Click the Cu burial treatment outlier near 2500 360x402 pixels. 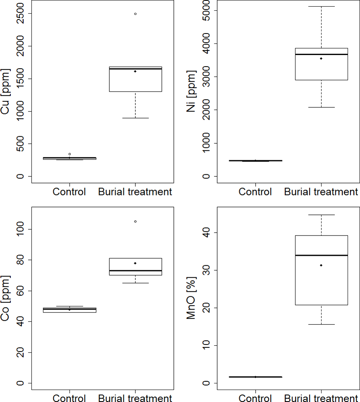pyautogui.click(x=135, y=14)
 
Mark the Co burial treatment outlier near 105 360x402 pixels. pyautogui.click(x=135, y=221)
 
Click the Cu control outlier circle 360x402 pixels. pyautogui.click(x=70, y=154)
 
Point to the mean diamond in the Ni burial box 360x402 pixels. pyautogui.click(x=321, y=58)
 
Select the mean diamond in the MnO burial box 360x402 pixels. pyautogui.click(x=321, y=265)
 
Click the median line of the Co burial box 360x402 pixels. pyautogui.click(x=135, y=270)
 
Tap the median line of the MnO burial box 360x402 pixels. pyautogui.click(x=321, y=255)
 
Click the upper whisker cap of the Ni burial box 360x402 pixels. pyautogui.click(x=321, y=7)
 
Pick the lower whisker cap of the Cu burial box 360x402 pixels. pyautogui.click(x=135, y=118)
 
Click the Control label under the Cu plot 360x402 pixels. pyautogui.click(x=69, y=192)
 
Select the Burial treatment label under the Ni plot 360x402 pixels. pyautogui.click(x=321, y=192)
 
